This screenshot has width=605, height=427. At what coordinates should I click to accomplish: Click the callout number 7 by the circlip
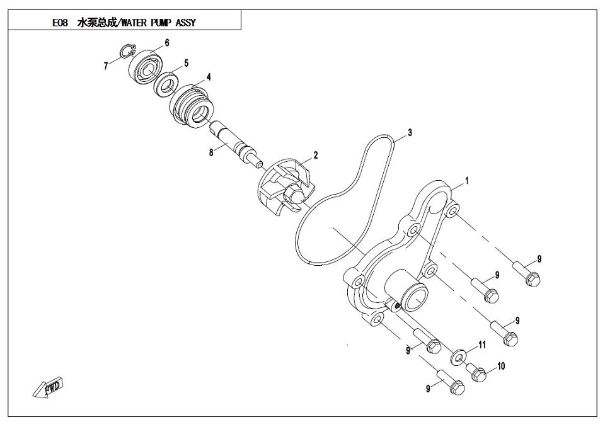106,66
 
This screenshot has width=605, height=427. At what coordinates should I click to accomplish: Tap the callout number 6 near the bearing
166,42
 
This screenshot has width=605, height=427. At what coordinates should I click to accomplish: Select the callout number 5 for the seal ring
186,63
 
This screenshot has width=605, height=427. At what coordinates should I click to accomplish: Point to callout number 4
209,77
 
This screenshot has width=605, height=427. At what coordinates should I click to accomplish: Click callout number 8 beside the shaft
211,153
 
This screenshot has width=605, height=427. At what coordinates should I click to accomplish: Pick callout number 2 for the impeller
316,156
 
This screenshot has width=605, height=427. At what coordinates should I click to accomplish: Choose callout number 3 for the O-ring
410,133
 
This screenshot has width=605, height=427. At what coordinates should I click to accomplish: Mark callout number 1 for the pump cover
467,181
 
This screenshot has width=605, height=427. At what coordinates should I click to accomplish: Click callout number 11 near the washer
482,344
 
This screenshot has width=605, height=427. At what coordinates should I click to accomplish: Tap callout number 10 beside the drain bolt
501,366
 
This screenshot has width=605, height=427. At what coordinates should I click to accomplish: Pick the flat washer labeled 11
458,358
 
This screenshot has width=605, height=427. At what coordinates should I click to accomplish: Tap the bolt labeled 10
476,372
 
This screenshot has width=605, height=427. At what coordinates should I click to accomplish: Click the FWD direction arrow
49,387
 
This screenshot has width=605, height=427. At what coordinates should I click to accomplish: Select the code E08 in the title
60,23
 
